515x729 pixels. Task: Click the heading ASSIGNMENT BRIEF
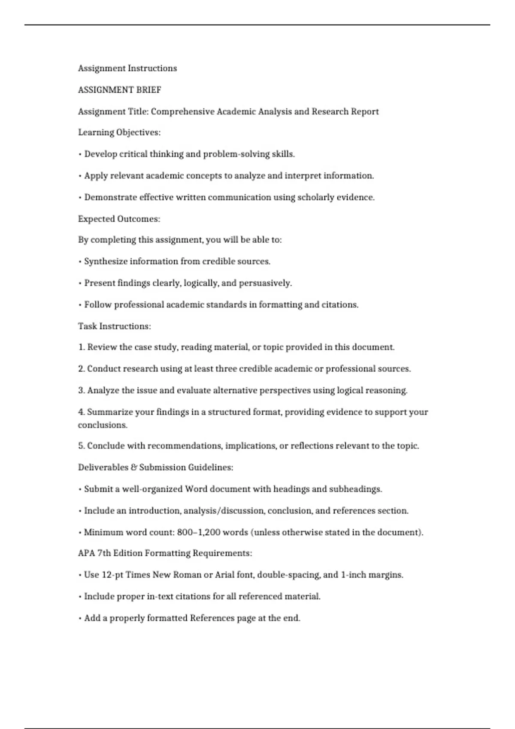119,90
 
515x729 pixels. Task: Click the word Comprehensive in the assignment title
182,111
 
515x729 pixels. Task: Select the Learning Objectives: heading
119,133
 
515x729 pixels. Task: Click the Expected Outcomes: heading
119,219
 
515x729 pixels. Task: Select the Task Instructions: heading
114,326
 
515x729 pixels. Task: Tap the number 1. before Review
82,347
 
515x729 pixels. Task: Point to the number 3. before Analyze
82,391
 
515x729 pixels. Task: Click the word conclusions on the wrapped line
103,425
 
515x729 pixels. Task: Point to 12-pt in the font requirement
112,575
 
